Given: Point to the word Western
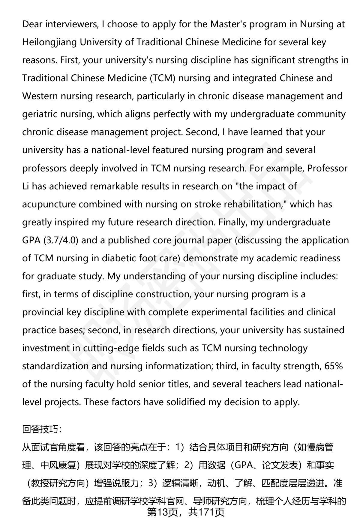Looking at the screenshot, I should point(40,96).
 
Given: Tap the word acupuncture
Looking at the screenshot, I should point(49,204).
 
